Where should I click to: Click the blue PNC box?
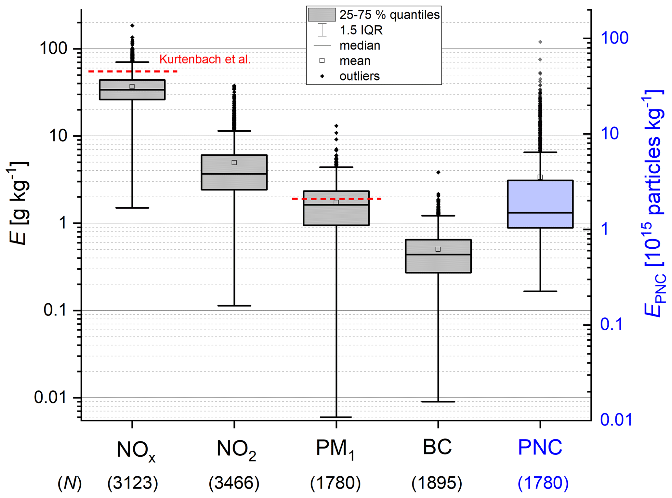pos(540,204)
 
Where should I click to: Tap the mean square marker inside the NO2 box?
pos(234,163)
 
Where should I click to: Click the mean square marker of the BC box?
pos(438,249)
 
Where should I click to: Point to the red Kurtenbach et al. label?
pos(205,59)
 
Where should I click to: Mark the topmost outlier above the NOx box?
pos(132,25)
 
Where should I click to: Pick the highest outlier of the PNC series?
pos(540,42)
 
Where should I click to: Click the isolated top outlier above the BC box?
pos(438,172)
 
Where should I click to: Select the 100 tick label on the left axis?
pos(53,49)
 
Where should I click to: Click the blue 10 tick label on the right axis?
pos(610,134)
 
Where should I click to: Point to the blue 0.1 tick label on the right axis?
pos(611,324)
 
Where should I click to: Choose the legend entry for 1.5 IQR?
pos(361,30)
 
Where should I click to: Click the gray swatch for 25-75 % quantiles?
pos(322,15)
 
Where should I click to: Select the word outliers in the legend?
pos(359,76)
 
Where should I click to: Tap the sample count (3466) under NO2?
pos(234,483)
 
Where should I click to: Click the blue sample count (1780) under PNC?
pos(543,483)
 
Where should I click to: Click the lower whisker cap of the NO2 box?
pos(234,306)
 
